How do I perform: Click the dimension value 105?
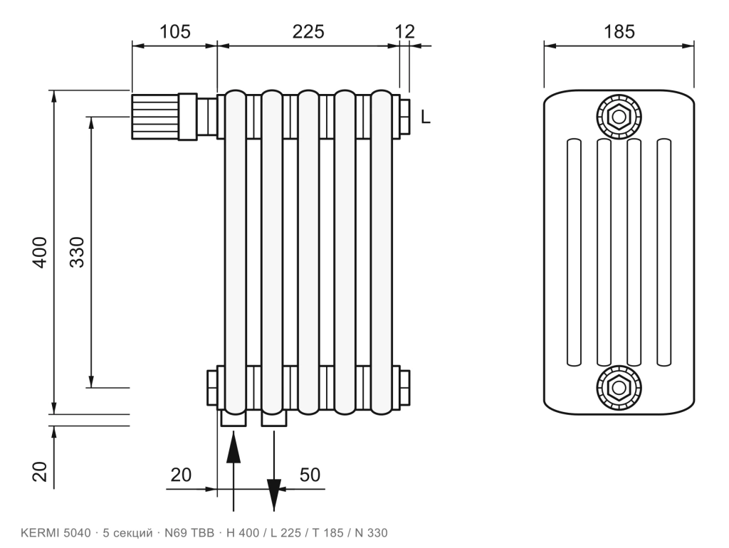point(175,31)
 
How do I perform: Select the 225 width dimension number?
point(308,31)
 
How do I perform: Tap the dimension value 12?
point(404,31)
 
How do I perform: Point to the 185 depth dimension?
point(619,31)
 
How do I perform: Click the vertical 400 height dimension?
point(41,252)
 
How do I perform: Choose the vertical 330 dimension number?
point(77,252)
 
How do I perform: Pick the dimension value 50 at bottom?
point(310,475)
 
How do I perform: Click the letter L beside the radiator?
point(426,117)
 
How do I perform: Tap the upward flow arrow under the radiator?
point(233,470)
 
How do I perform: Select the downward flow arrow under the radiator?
point(274,470)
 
